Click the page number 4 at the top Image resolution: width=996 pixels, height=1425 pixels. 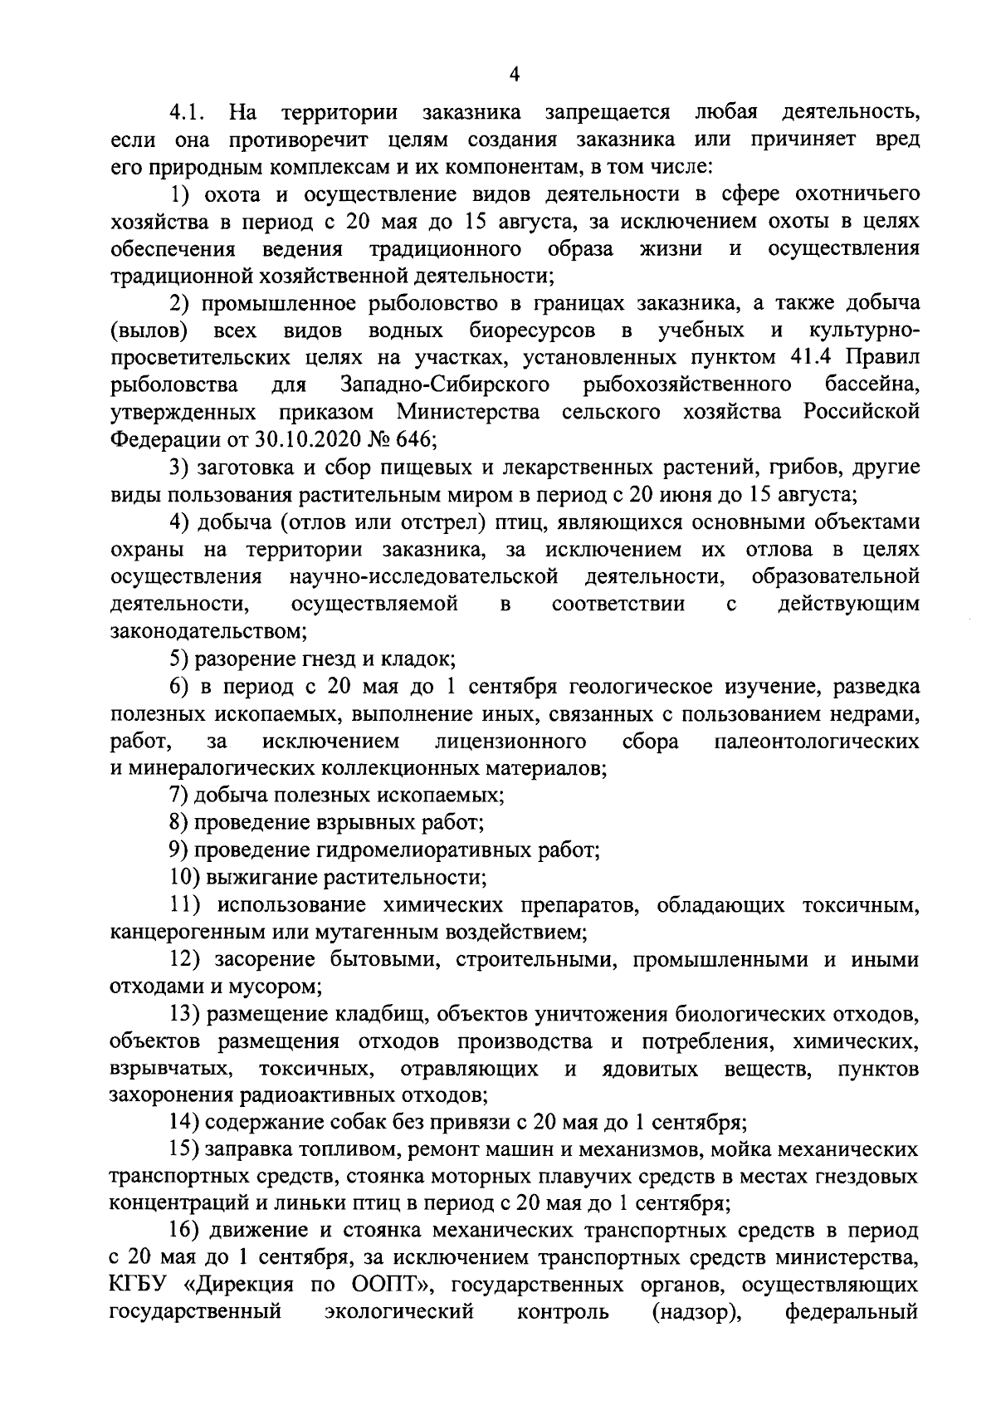[514, 75]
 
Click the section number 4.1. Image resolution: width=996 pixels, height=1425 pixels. [190, 111]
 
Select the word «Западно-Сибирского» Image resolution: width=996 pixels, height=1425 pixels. [446, 385]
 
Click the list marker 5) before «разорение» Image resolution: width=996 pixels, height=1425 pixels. [180, 659]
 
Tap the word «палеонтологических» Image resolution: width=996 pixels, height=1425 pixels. [817, 741]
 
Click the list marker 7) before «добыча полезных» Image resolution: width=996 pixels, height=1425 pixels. [180, 795]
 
